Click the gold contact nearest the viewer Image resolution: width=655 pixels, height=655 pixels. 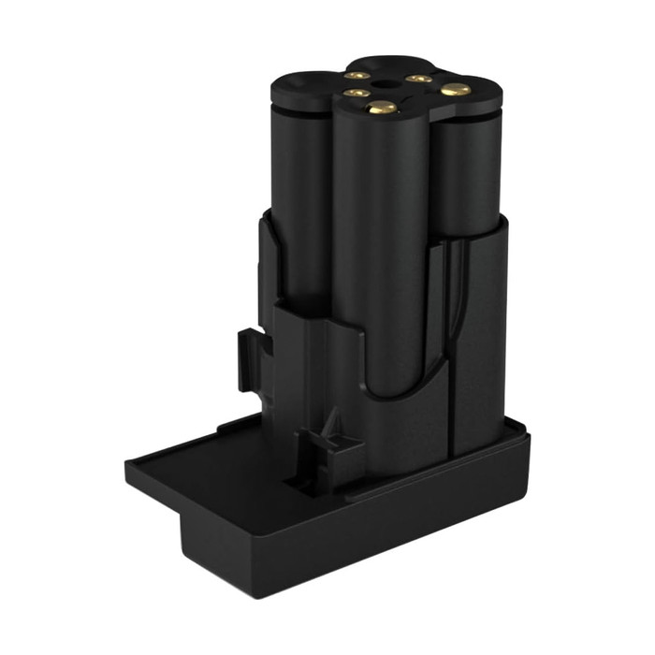(381, 109)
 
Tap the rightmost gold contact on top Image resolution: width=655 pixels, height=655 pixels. (456, 90)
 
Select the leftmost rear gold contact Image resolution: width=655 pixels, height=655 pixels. (357, 74)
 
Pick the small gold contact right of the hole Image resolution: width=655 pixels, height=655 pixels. (418, 79)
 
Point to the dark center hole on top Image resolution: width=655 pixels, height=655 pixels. (385, 84)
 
